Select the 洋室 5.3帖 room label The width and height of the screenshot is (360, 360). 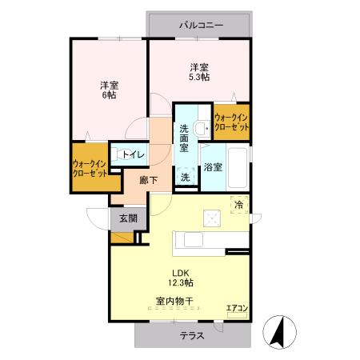tap(199, 72)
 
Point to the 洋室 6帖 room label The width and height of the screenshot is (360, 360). tap(109, 90)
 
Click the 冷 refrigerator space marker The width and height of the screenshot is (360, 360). tap(238, 205)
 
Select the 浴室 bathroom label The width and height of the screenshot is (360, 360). tap(212, 167)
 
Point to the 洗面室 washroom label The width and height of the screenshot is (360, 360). tap(184, 138)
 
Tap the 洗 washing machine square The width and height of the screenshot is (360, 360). tap(185, 178)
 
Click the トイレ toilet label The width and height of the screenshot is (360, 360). tap(132, 154)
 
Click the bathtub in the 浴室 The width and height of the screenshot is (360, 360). tap(237, 166)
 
